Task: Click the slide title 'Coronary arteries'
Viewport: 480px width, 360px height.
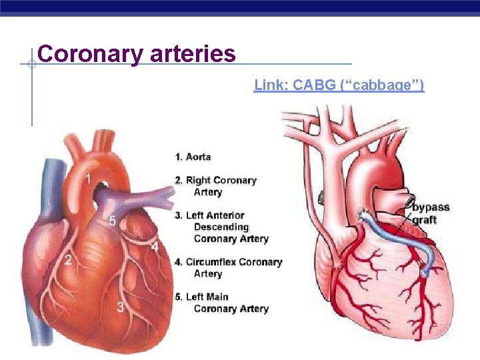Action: pyautogui.click(x=137, y=53)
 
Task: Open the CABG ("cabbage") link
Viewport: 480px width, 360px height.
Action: pyautogui.click(x=339, y=85)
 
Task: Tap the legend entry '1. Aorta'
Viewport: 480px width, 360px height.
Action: pyautogui.click(x=193, y=157)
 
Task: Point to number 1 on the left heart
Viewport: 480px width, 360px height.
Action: pyautogui.click(x=88, y=178)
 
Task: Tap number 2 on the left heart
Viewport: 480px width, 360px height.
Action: pyautogui.click(x=68, y=260)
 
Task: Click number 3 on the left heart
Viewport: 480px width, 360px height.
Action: pyautogui.click(x=120, y=307)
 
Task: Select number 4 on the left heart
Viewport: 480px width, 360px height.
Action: pyautogui.click(x=155, y=247)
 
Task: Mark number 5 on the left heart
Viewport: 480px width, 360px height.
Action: pyautogui.click(x=113, y=221)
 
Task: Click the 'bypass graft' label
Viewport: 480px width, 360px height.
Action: pyautogui.click(x=431, y=213)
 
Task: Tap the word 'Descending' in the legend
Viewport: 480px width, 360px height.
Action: pyautogui.click(x=221, y=227)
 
